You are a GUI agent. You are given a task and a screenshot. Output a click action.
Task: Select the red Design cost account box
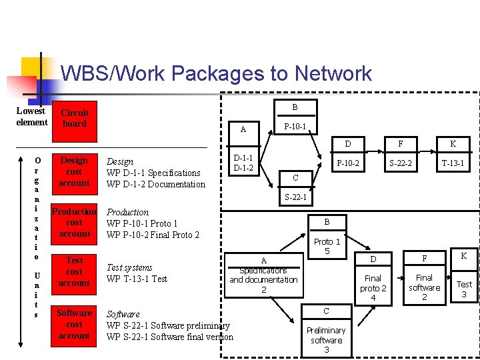(x=73, y=171)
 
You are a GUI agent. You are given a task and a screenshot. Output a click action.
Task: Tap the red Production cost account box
(x=73, y=223)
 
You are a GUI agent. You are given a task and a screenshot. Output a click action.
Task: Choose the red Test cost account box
(x=73, y=272)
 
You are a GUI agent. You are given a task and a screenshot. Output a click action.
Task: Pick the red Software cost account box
(x=73, y=325)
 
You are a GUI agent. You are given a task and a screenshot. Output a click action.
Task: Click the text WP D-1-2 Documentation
(x=156, y=184)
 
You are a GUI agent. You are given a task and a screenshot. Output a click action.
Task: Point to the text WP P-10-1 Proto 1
(x=142, y=223)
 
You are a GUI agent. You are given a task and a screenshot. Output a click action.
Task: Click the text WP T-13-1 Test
(x=137, y=279)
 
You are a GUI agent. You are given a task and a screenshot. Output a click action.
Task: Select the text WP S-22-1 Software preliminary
(x=168, y=325)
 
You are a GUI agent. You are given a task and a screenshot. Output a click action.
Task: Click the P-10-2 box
(x=347, y=163)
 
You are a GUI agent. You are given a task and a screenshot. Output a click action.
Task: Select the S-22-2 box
(x=400, y=163)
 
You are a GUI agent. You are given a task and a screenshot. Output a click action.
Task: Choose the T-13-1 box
(x=453, y=163)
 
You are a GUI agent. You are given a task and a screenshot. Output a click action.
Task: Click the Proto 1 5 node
(x=327, y=246)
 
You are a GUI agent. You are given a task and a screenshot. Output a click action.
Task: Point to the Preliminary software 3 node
(x=326, y=340)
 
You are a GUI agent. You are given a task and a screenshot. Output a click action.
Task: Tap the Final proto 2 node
(x=373, y=287)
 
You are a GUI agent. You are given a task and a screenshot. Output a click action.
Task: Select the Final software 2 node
(x=424, y=287)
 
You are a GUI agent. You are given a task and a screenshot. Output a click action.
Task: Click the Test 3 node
(x=464, y=289)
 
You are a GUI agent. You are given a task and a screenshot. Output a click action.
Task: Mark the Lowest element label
(x=31, y=117)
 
